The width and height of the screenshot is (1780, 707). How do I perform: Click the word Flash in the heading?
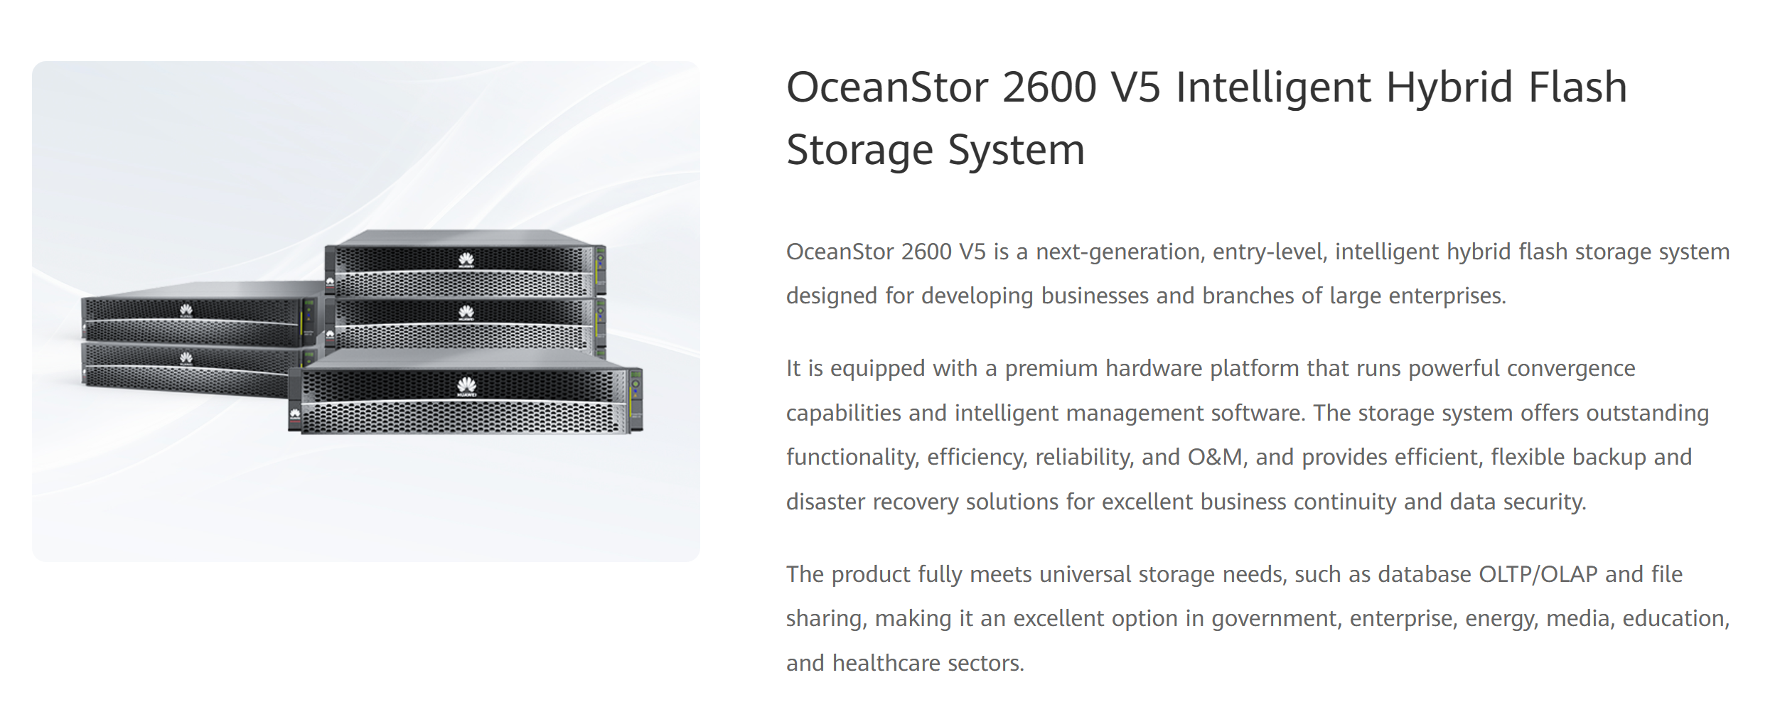(1577, 87)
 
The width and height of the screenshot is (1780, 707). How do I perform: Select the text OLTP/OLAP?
(1538, 574)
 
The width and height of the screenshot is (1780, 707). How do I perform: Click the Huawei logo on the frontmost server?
(466, 387)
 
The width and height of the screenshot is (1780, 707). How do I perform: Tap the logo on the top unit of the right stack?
(466, 260)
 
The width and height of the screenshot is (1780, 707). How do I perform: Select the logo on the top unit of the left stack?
(186, 310)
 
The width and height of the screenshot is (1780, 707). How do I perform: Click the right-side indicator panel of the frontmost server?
(636, 399)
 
